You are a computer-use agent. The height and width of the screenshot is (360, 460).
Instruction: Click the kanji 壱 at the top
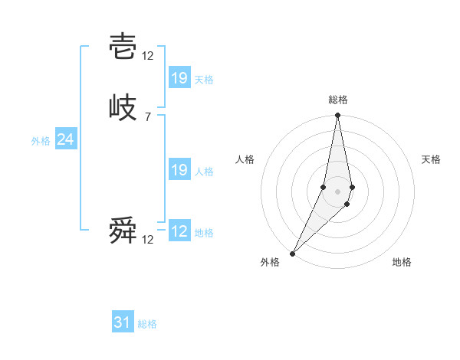pyautogui.click(x=123, y=47)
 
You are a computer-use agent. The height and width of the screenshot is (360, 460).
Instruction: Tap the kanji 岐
pyautogui.click(x=123, y=109)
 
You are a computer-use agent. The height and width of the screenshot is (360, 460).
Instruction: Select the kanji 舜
pyautogui.click(x=123, y=231)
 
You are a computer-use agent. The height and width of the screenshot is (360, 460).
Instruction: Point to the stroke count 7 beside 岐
pyautogui.click(x=147, y=117)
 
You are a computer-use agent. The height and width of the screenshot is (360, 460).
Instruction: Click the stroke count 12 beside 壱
pyautogui.click(x=148, y=56)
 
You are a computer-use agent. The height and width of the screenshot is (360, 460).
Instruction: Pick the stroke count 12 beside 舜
pyautogui.click(x=148, y=240)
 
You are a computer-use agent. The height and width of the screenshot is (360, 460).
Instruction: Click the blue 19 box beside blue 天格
pyautogui.click(x=179, y=77)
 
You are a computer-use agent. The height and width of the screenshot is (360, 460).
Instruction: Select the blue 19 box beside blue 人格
pyautogui.click(x=179, y=170)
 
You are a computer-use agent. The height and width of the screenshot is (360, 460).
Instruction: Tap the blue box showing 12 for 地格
pyautogui.click(x=179, y=231)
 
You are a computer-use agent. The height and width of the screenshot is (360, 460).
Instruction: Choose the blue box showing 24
pyautogui.click(x=66, y=139)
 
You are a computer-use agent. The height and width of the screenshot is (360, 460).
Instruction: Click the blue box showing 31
pyautogui.click(x=123, y=322)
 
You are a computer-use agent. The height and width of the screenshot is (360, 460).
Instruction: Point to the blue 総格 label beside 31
pyautogui.click(x=147, y=324)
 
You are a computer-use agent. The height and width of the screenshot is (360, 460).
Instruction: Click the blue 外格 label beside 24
pyautogui.click(x=41, y=141)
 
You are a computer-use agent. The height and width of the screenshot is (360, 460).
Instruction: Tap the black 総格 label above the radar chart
pyautogui.click(x=338, y=100)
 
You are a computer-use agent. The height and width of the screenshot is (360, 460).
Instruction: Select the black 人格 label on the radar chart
pyautogui.click(x=245, y=159)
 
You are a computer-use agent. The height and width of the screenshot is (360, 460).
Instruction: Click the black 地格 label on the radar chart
pyautogui.click(x=402, y=263)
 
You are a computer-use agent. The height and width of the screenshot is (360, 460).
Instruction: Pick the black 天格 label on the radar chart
pyautogui.click(x=431, y=159)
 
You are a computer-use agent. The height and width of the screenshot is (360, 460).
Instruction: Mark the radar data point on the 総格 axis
pyautogui.click(x=338, y=116)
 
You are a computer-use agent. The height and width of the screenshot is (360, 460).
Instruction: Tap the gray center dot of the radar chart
pyautogui.click(x=338, y=191)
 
